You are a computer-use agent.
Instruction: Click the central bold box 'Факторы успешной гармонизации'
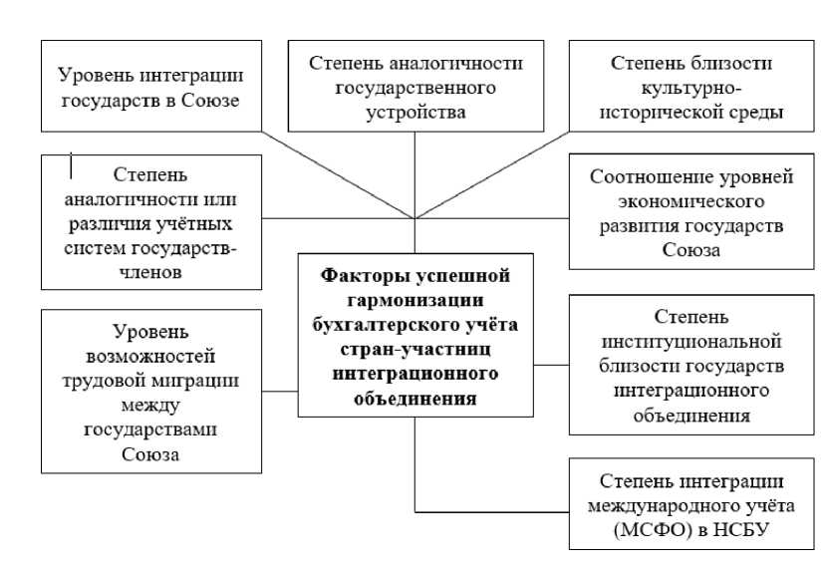coord(415,335)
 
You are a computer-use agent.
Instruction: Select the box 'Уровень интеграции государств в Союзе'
coord(151,86)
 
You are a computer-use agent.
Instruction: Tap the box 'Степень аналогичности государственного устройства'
coord(415,86)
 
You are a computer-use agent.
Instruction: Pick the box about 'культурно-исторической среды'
coord(691,86)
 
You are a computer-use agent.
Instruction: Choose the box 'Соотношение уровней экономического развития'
coord(691,211)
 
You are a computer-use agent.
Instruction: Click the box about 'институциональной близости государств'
coord(691,365)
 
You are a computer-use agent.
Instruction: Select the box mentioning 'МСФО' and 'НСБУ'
coord(691,504)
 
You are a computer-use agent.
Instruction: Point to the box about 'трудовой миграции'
coord(151,392)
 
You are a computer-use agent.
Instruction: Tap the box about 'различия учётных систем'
coord(151,222)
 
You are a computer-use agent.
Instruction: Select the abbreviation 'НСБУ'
coord(741,529)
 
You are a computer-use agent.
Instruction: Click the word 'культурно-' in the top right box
coord(691,88)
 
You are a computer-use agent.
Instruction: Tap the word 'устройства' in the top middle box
coord(415,113)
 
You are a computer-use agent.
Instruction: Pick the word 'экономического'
coord(691,202)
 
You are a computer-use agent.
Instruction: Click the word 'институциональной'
coord(691,342)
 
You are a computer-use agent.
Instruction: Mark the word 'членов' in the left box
coord(151,272)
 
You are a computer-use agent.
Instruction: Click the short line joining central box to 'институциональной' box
coord(551,365)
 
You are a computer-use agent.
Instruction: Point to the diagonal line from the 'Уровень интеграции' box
coord(339,175)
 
